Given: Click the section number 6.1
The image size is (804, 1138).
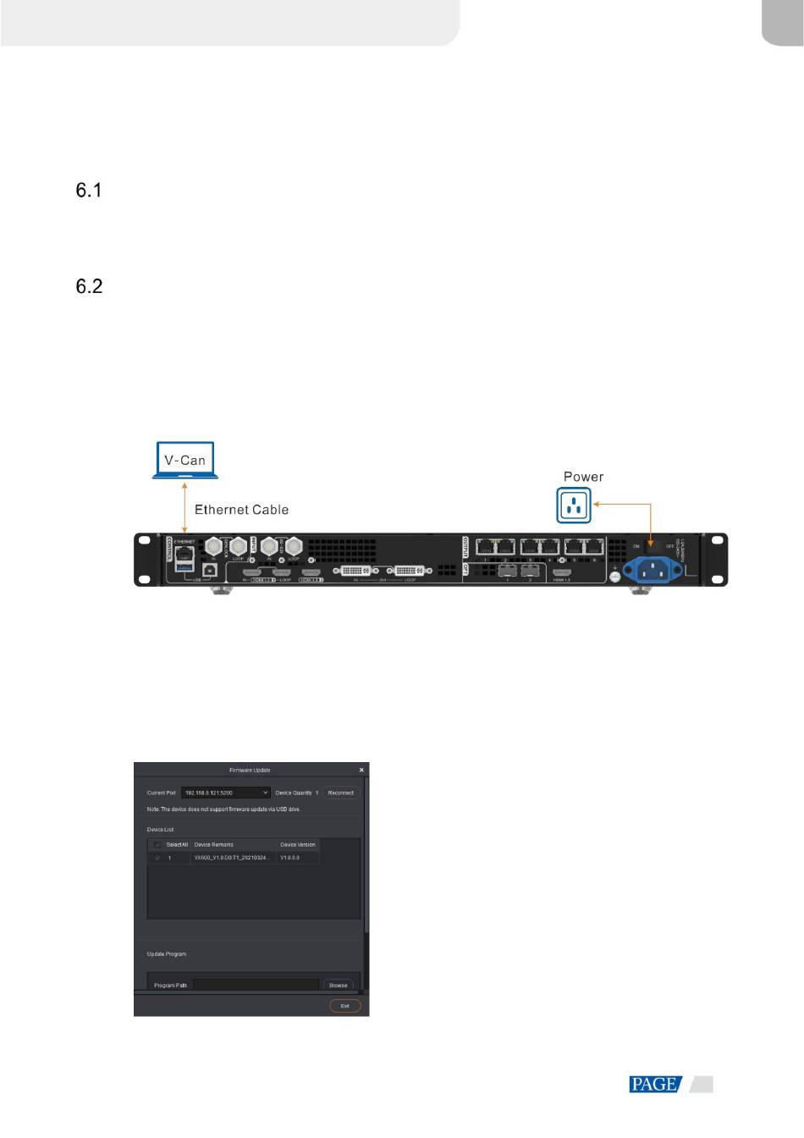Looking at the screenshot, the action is pyautogui.click(x=89, y=191).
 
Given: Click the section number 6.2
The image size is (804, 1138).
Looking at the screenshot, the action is pyautogui.click(x=89, y=286).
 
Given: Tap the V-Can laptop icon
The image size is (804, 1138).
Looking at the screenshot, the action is pyautogui.click(x=185, y=461).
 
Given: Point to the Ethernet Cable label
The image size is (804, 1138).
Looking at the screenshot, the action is pyautogui.click(x=241, y=510).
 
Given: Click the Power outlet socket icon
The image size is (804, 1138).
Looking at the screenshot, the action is pyautogui.click(x=575, y=505).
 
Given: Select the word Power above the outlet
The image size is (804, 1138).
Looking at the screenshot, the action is pyautogui.click(x=583, y=477).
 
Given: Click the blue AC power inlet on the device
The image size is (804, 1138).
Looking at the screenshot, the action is pyautogui.click(x=652, y=569).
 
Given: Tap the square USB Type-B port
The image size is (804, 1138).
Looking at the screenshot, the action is pyautogui.click(x=210, y=571).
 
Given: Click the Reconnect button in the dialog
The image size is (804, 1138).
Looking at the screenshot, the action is pyautogui.click(x=341, y=793).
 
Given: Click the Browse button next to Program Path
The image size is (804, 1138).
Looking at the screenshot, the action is pyautogui.click(x=338, y=986).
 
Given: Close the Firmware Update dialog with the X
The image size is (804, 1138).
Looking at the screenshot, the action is pyautogui.click(x=361, y=770).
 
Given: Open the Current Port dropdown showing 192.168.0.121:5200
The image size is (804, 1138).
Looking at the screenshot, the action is pyautogui.click(x=225, y=793).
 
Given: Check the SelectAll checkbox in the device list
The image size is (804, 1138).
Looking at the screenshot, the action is pyautogui.click(x=157, y=845).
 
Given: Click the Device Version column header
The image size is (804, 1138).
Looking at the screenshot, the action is pyautogui.click(x=298, y=845).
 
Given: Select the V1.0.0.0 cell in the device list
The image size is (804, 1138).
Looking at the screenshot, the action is pyautogui.click(x=289, y=859).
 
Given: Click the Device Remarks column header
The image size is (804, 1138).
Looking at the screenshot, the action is pyautogui.click(x=213, y=845).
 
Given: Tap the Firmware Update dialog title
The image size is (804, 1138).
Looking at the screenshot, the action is pyautogui.click(x=250, y=771).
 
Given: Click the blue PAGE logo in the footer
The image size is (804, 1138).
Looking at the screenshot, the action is pyautogui.click(x=655, y=1085).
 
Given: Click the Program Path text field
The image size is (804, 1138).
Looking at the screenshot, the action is pyautogui.click(x=256, y=986).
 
